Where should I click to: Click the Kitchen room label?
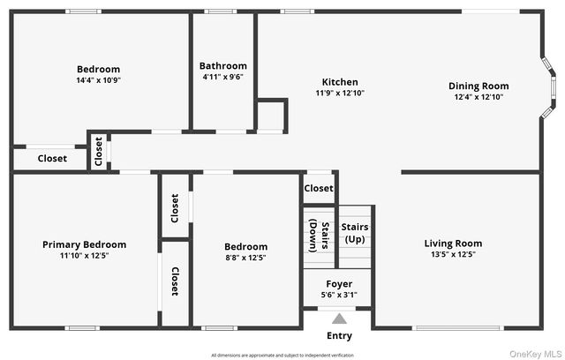[340, 82]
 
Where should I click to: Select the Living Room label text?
[453, 244]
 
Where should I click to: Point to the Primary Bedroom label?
[85, 244]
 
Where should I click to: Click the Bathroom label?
[223, 66]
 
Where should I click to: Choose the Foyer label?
[340, 284]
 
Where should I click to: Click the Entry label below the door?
[340, 335]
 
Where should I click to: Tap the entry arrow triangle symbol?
[340, 319]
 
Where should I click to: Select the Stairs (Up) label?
[355, 233]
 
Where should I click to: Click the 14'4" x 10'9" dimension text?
[98, 80]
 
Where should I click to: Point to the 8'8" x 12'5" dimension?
[245, 258]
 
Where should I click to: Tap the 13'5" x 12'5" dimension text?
[453, 255]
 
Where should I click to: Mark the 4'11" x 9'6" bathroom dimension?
[223, 77]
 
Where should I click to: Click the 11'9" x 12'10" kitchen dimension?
[340, 93]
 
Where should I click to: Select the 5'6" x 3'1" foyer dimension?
[340, 295]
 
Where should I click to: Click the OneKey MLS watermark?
[535, 352]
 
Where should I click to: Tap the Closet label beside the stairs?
[319, 188]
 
